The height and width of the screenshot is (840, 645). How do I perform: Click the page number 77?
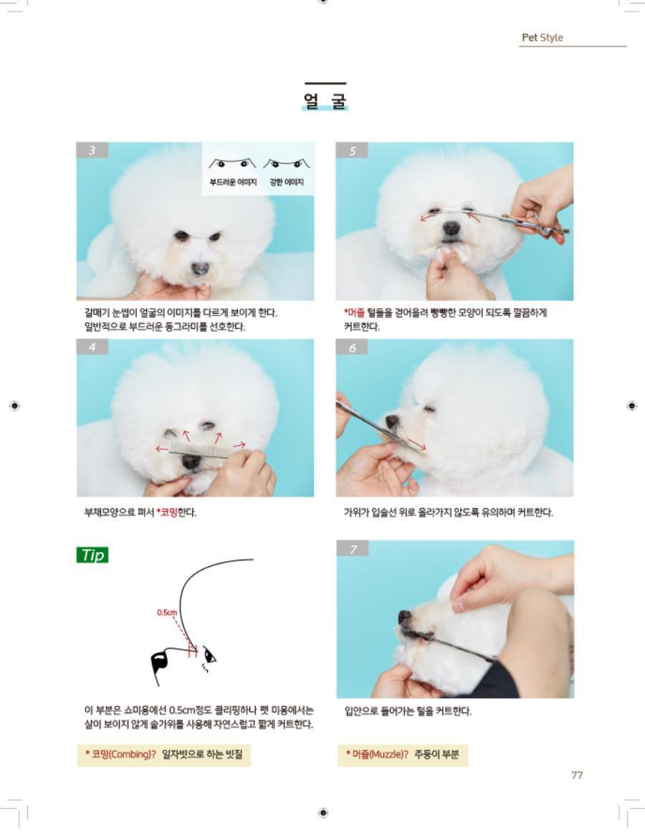(x=577, y=775)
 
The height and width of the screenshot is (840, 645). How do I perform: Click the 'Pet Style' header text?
(x=542, y=37)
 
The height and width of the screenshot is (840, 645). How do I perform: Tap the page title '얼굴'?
(x=325, y=101)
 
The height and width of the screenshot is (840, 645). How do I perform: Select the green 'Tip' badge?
(x=92, y=555)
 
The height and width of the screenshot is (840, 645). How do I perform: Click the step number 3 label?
(x=92, y=150)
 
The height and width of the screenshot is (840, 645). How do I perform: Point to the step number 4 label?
(x=92, y=347)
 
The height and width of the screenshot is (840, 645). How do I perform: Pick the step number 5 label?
(x=352, y=151)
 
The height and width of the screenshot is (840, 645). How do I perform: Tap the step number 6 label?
(x=352, y=348)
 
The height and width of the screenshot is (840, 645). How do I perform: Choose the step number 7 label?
(x=353, y=548)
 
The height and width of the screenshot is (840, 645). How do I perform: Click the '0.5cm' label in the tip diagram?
(x=166, y=612)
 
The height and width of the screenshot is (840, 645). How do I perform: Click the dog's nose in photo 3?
(x=201, y=268)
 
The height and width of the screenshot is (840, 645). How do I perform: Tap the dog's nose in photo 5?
(x=451, y=229)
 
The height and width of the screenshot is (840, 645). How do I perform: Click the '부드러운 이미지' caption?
(x=233, y=182)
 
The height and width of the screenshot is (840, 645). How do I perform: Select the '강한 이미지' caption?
(x=287, y=182)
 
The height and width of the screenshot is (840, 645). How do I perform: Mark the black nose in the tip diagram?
(x=160, y=663)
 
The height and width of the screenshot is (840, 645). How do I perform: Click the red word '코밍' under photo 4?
(x=168, y=512)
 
